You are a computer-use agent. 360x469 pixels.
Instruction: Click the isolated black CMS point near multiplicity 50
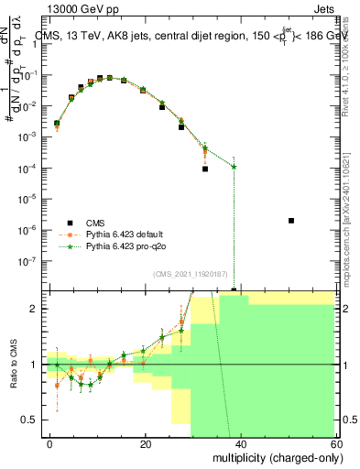(x=290, y=221)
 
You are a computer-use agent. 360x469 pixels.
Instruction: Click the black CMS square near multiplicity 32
(x=205, y=169)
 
